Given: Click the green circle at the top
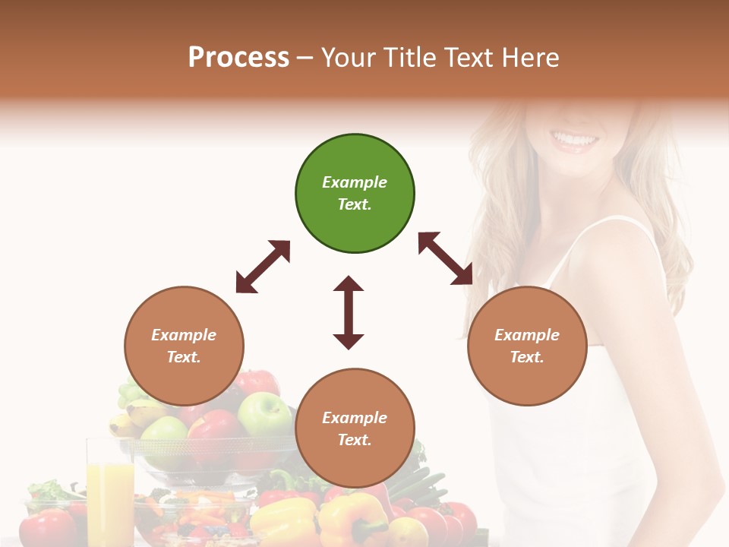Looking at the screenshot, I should coord(355,193).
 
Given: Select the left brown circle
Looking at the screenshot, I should coord(184,346).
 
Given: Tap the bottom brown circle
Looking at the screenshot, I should coord(355,428).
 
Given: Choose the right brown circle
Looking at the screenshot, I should coord(527,346).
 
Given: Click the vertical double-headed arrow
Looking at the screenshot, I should coord(349,312).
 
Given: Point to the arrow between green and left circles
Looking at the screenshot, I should coord(263,267).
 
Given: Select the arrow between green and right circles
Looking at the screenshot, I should coord(446,258).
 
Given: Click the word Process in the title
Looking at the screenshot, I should coord(238,57).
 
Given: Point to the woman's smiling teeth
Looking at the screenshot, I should coord(575,139).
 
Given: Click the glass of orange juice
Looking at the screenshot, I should coord(110,494).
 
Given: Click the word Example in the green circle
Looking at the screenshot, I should coord(355,182).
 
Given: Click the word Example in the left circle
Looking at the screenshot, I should coord(184,335).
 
